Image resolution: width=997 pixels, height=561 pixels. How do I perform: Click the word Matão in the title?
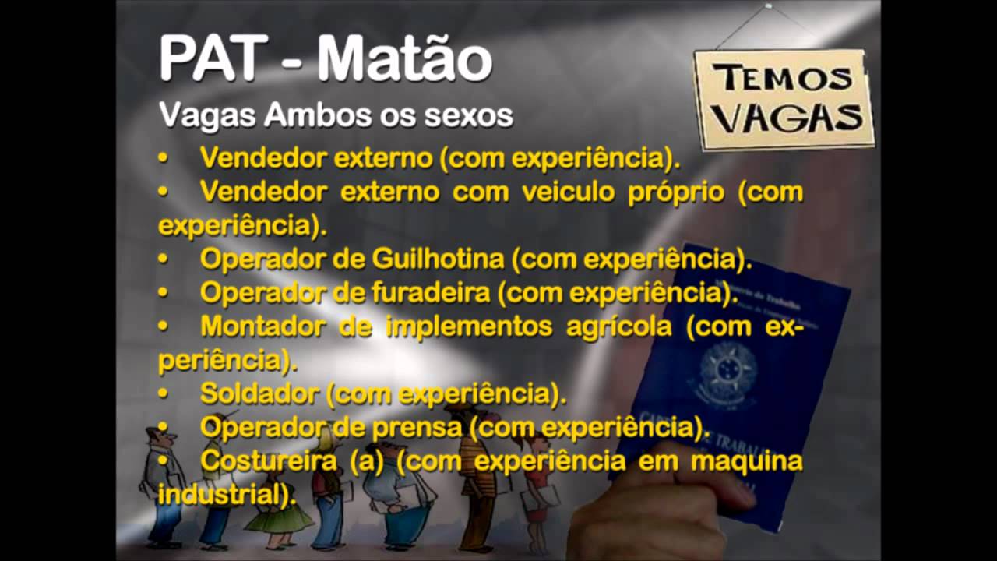point(404,60)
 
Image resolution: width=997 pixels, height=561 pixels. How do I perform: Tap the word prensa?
point(421,427)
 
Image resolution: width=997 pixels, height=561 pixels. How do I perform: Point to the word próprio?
point(676,192)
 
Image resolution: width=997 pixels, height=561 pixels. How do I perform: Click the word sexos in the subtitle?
point(468,116)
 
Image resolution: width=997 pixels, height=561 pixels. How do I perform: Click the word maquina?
point(746,460)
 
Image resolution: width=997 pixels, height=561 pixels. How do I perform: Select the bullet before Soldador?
point(164,394)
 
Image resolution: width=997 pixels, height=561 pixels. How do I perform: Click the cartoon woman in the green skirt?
point(278,506)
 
